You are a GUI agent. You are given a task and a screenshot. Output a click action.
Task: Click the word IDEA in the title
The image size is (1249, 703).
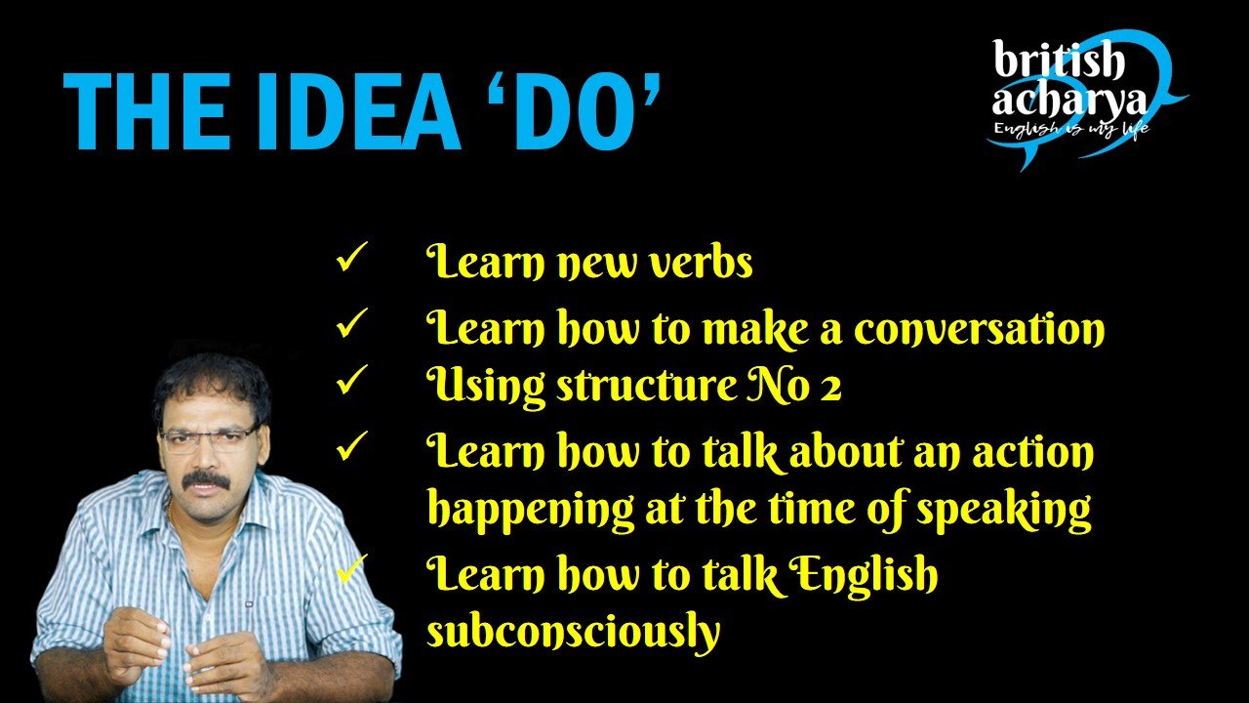360,111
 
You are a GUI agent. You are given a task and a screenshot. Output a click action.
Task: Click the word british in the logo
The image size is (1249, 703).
1058,60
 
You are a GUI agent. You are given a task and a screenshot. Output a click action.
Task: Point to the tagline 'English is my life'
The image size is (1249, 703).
1071,128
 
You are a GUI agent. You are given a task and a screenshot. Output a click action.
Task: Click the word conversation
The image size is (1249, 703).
979,328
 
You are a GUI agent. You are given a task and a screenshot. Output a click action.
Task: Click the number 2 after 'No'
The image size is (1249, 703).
830,388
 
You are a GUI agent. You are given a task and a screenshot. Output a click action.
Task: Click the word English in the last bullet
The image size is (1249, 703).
864,575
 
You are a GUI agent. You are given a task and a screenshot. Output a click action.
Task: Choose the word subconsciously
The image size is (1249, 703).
573,632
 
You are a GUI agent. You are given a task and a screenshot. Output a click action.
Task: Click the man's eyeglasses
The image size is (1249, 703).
209,439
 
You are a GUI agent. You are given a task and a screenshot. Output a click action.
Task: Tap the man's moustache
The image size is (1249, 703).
207,480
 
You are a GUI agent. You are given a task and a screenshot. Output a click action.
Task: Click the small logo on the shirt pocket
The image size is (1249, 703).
249,603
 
